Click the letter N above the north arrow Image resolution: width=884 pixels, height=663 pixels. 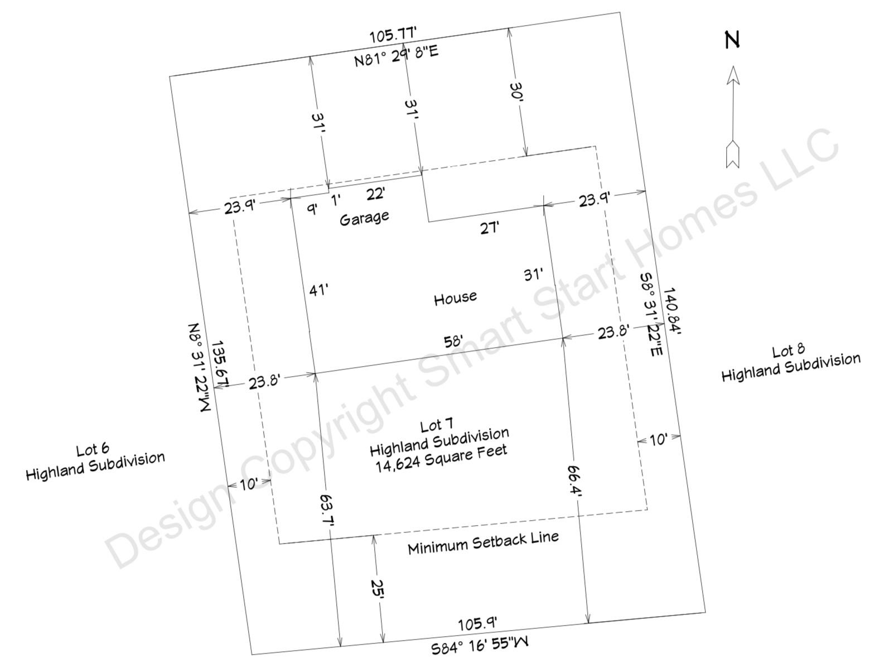click(x=732, y=40)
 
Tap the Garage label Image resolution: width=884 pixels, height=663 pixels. click(x=364, y=218)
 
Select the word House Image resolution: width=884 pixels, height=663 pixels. click(x=455, y=298)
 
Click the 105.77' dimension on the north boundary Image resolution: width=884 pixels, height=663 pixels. click(x=393, y=35)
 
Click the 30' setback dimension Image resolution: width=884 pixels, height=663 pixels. click(x=516, y=93)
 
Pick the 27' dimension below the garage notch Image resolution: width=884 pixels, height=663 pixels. click(x=489, y=228)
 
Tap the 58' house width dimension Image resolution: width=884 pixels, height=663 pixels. click(x=453, y=342)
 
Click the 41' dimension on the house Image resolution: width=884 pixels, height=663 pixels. click(x=318, y=290)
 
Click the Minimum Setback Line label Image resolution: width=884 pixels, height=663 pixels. click(x=483, y=543)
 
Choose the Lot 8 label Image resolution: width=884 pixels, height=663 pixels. click(x=788, y=351)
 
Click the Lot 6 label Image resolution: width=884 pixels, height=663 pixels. click(x=93, y=449)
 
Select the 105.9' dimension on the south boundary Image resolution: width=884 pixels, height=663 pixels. click(x=477, y=624)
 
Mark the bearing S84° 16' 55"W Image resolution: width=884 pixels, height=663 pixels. click(x=479, y=645)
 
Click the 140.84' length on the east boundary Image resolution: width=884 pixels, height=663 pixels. click(x=672, y=311)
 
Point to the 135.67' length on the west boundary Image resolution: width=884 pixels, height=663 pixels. click(x=220, y=364)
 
